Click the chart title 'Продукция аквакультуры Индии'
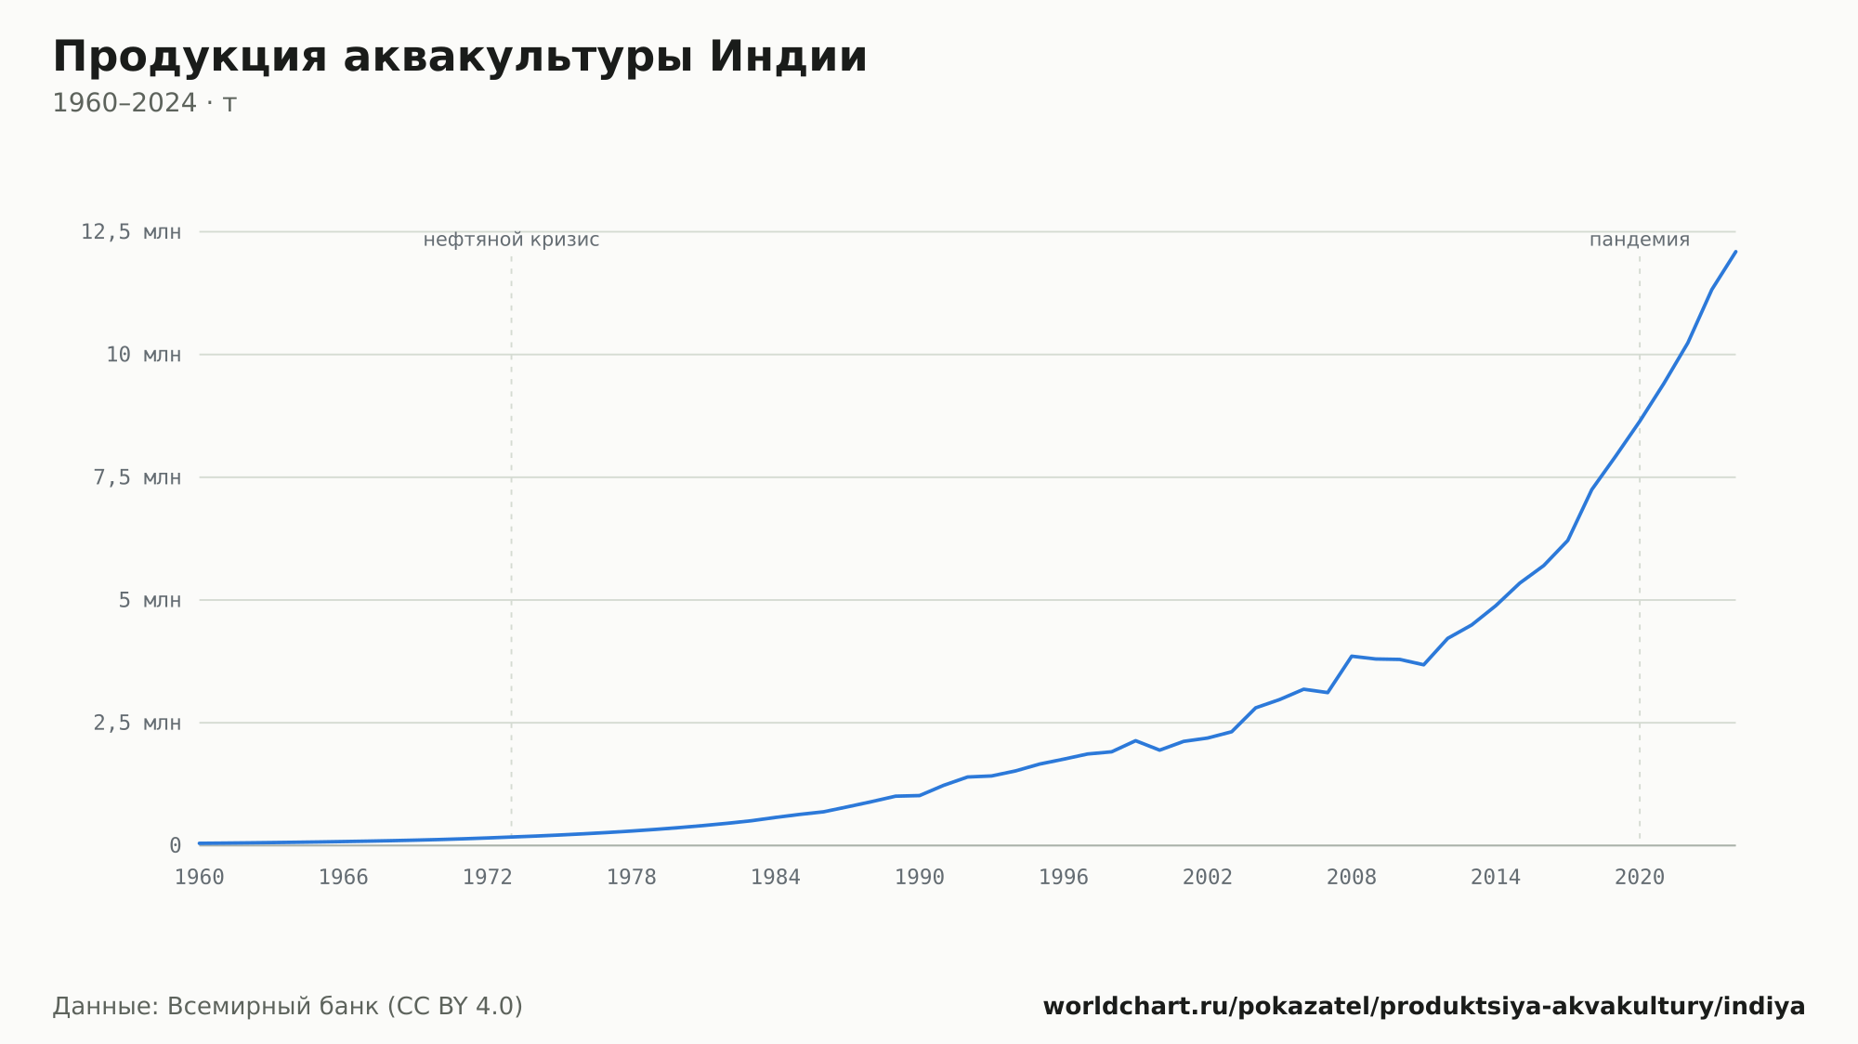click(460, 58)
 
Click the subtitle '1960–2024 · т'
click(145, 103)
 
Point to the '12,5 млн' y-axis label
click(131, 232)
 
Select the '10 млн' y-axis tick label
click(143, 355)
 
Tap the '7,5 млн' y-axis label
click(137, 477)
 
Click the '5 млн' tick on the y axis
click(150, 600)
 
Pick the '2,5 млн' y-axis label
click(137, 723)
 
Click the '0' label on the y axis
click(175, 845)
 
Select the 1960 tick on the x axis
click(200, 878)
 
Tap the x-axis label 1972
click(488, 878)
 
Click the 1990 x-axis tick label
click(920, 878)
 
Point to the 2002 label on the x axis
click(1208, 878)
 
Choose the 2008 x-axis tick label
click(1352, 878)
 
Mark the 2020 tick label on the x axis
click(1640, 878)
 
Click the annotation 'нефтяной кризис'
click(511, 241)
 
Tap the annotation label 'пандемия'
click(1640, 241)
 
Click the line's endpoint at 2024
click(1735, 252)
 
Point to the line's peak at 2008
click(1352, 657)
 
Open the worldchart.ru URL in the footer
click(1424, 1007)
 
